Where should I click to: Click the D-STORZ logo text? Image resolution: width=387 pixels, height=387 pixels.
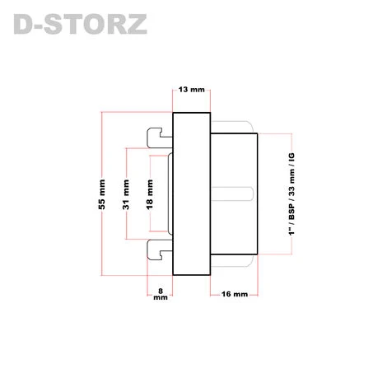point(80,24)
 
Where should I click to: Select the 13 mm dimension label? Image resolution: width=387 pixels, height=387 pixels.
point(191,90)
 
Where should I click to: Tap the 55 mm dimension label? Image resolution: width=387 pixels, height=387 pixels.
point(101,194)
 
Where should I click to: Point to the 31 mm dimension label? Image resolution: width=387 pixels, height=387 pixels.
point(126,194)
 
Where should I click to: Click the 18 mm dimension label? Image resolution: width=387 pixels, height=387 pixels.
point(150,194)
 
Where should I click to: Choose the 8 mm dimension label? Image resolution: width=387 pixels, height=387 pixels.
point(161,294)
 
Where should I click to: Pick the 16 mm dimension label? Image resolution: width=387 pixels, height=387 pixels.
point(235,294)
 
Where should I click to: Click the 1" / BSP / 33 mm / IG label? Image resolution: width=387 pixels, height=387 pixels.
point(291,194)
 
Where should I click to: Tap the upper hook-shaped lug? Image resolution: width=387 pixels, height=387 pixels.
point(160,138)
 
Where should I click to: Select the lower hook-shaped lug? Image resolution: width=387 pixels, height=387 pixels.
point(160,249)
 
